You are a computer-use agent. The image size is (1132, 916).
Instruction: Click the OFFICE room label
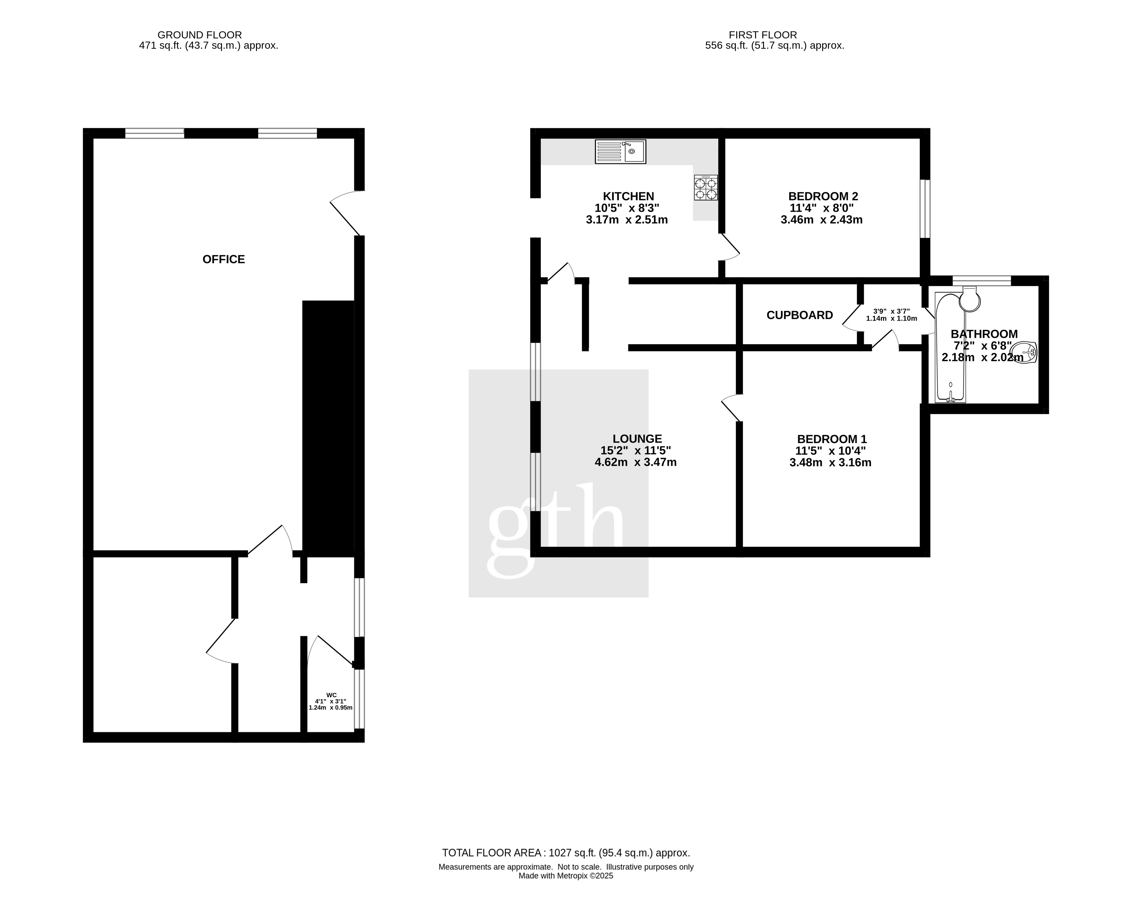tap(224, 259)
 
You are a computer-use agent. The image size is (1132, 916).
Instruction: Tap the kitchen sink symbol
tap(621, 151)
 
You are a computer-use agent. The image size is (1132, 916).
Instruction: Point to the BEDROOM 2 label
tap(823, 196)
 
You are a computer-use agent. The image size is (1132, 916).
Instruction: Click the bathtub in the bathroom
tap(951, 348)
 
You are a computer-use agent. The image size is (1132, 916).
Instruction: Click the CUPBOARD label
tap(800, 315)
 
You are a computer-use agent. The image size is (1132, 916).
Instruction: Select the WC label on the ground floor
tap(331, 695)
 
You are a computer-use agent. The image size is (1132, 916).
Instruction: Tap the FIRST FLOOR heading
tap(763, 35)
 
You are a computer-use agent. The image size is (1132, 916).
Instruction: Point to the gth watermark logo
tap(558, 483)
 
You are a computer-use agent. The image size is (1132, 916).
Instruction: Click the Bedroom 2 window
tap(925, 209)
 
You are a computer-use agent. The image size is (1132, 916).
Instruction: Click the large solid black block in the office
tap(328, 428)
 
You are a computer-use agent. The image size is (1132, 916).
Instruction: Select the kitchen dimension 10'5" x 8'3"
tap(627, 208)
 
